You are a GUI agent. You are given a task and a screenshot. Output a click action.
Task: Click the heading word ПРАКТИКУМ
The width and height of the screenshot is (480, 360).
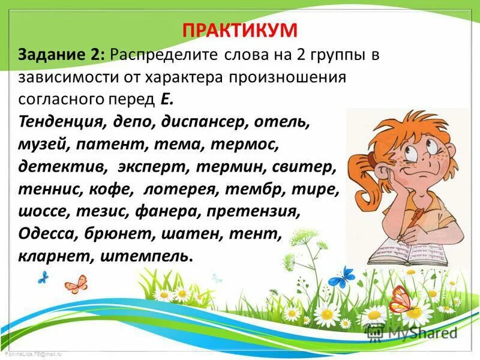[x=240, y=30]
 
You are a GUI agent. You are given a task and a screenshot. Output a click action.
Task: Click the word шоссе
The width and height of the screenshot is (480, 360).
[x=41, y=211]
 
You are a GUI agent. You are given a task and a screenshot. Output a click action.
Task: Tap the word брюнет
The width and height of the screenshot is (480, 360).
[x=114, y=233]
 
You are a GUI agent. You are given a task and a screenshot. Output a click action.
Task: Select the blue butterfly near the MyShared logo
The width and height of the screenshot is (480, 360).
[x=344, y=277]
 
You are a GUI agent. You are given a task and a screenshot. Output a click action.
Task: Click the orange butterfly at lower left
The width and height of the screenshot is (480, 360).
[x=77, y=283]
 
